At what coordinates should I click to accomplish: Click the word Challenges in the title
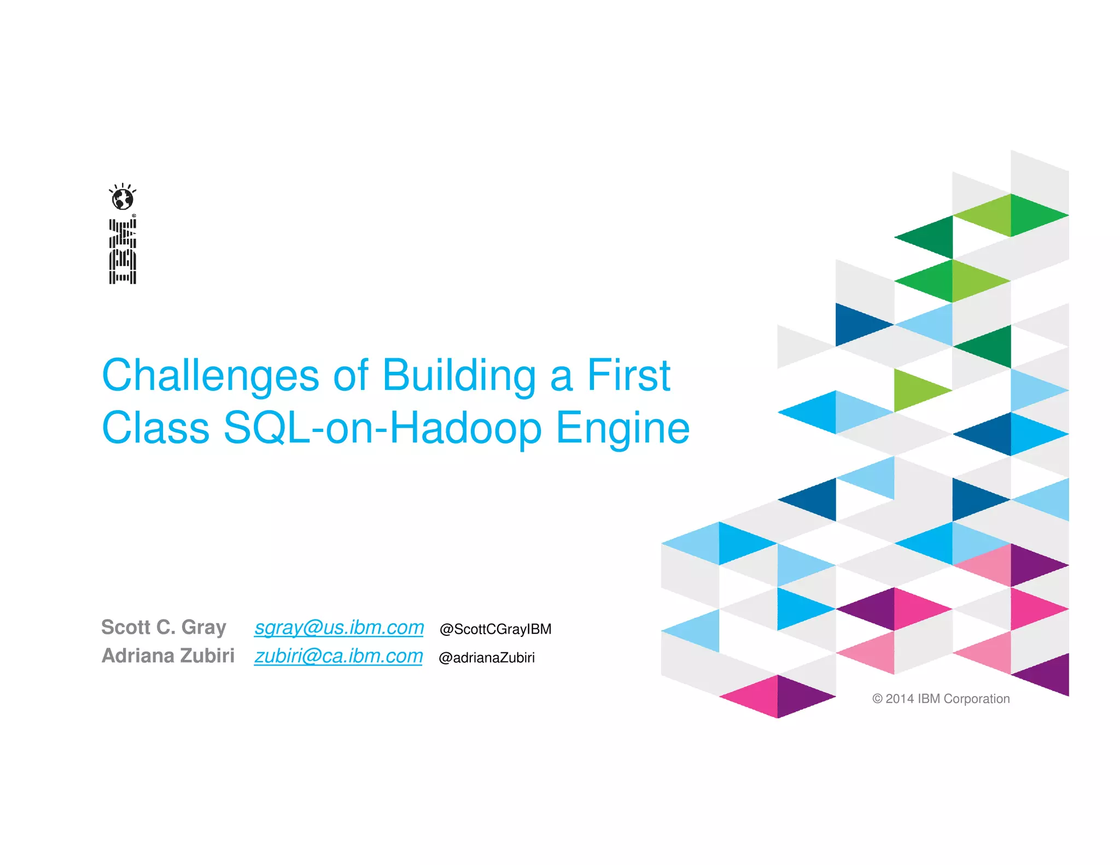pyautogui.click(x=211, y=376)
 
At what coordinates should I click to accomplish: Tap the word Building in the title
pyautogui.click(x=459, y=376)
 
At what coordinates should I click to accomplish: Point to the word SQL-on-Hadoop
pyautogui.click(x=383, y=428)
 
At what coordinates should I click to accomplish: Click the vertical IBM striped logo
pyautogui.click(x=122, y=252)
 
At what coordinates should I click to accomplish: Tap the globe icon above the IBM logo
pyautogui.click(x=122, y=198)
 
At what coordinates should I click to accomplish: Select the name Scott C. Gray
pyautogui.click(x=164, y=627)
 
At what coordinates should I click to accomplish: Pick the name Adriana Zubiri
pyautogui.click(x=168, y=656)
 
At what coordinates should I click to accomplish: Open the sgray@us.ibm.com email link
pyautogui.click(x=339, y=628)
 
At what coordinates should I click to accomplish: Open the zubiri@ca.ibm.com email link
pyautogui.click(x=339, y=656)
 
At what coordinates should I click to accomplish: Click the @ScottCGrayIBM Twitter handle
pyautogui.click(x=495, y=629)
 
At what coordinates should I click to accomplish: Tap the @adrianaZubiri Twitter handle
pyautogui.click(x=487, y=658)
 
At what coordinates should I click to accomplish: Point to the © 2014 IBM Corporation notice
pyautogui.click(x=941, y=699)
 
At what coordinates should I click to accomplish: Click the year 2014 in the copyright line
pyautogui.click(x=900, y=699)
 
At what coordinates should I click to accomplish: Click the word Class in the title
pyautogui.click(x=156, y=428)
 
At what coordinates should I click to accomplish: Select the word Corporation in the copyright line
pyautogui.click(x=977, y=699)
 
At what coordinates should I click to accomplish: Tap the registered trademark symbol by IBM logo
pyautogui.click(x=134, y=216)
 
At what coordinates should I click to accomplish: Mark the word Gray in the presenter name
pyautogui.click(x=203, y=628)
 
